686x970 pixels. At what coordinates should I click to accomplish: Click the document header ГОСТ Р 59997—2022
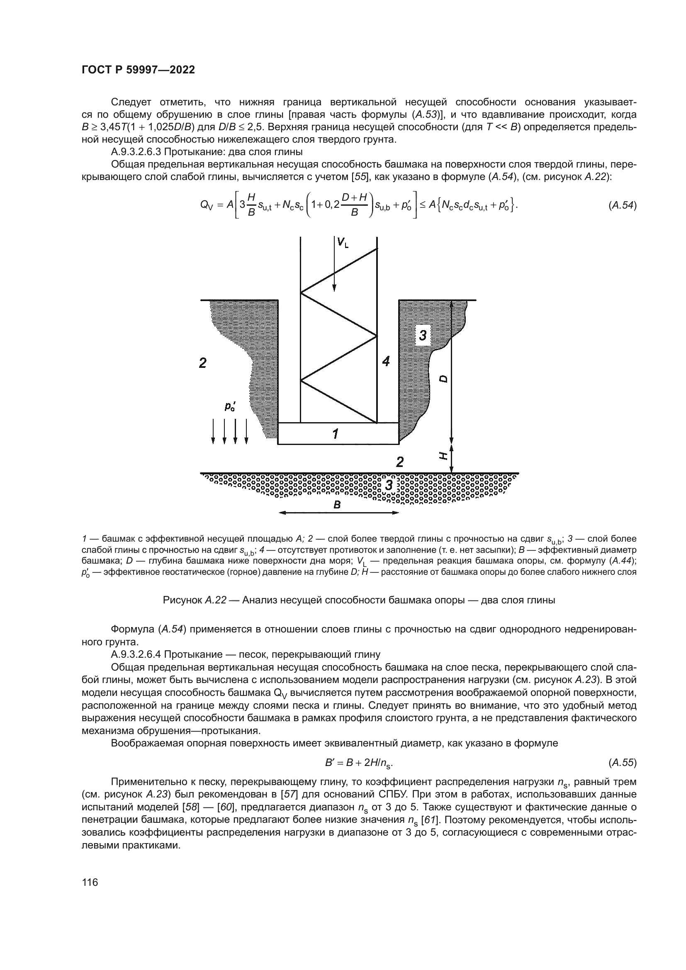pos(138,70)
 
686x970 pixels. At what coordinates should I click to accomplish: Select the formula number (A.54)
pos(622,205)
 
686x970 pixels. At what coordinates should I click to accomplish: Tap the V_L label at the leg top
pos(342,243)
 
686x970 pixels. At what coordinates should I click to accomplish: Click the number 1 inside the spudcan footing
pos(335,433)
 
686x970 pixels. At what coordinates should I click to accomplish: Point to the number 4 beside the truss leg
pos(386,361)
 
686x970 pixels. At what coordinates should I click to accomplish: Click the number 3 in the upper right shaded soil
pos(422,335)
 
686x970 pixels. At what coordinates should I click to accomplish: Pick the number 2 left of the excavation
pos(203,362)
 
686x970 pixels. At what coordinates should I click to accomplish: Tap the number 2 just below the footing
pos(399,462)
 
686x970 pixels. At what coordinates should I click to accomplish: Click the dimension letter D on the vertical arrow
pos(443,379)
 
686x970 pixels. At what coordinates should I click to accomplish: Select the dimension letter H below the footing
pos(443,455)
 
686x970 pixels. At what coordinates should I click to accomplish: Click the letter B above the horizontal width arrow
pos(337,504)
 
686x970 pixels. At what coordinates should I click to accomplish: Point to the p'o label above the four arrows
pos(230,407)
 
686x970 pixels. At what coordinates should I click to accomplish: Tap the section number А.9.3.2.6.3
pos(136,152)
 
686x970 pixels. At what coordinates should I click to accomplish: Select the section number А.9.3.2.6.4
pos(136,654)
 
